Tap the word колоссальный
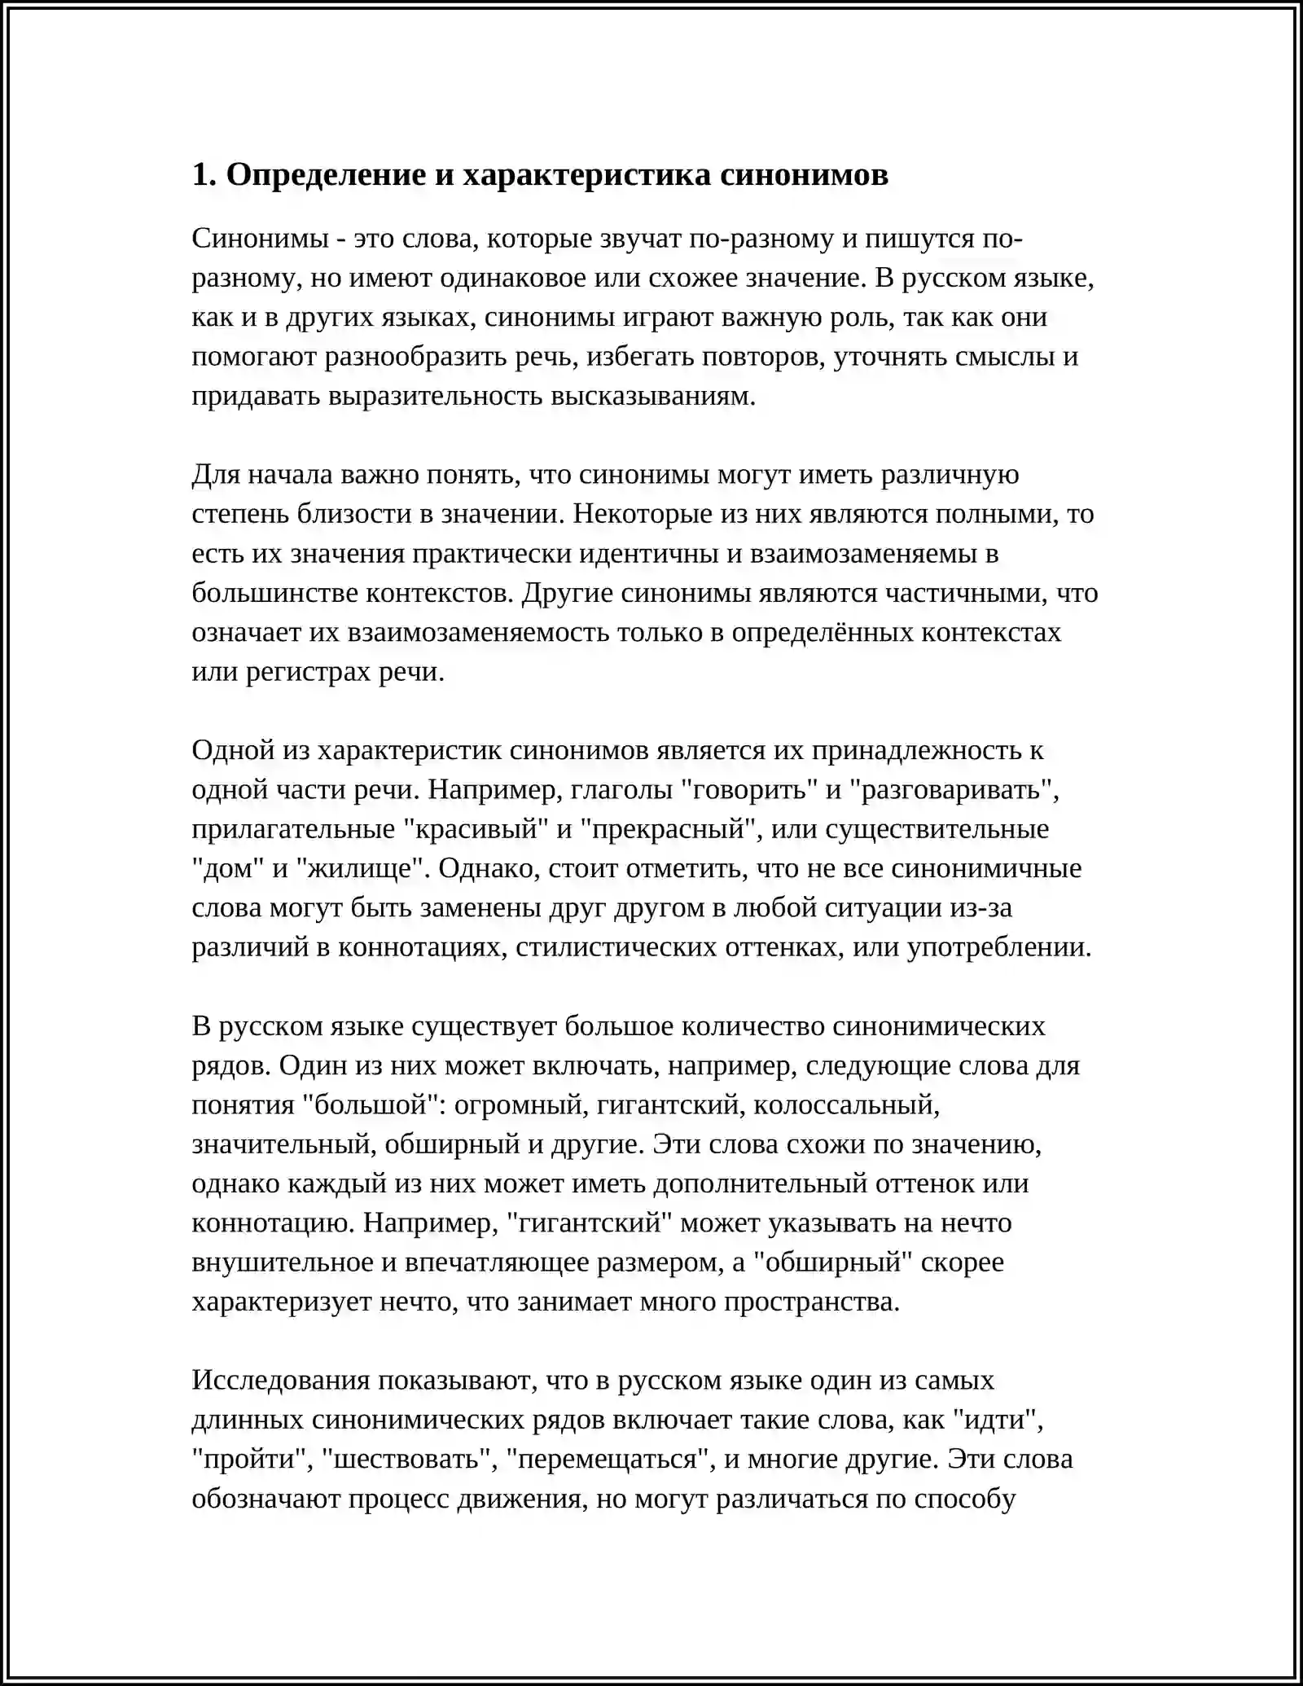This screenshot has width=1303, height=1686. pos(847,1105)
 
